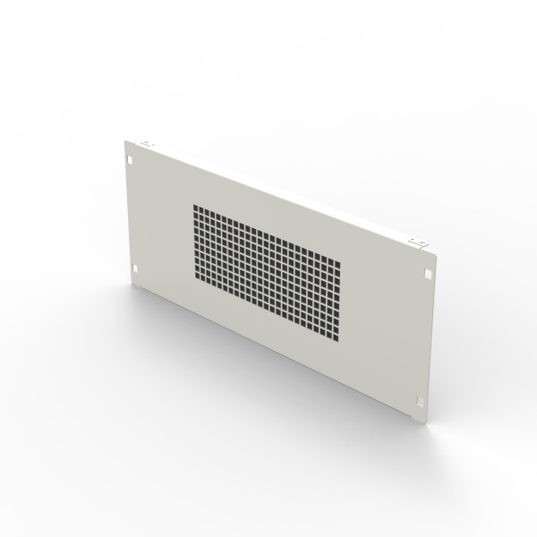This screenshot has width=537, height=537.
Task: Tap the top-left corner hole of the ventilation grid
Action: (x=195, y=208)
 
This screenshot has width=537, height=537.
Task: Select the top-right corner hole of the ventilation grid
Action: (x=337, y=263)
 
